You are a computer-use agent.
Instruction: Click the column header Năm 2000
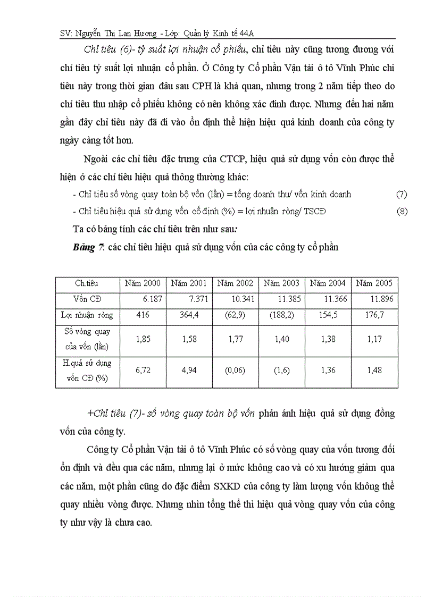(143, 283)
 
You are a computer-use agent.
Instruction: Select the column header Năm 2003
(281, 283)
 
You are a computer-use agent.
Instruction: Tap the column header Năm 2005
(374, 283)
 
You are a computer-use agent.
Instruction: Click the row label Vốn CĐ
(87, 299)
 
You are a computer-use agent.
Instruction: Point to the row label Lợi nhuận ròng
(87, 315)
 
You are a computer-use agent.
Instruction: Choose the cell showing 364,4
(189, 315)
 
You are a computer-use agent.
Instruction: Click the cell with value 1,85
(143, 339)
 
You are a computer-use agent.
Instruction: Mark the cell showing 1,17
(374, 339)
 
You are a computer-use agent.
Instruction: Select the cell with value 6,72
(143, 370)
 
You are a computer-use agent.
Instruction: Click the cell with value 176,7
(374, 315)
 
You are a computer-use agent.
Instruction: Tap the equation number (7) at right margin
(402, 195)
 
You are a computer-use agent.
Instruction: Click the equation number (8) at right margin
(402, 212)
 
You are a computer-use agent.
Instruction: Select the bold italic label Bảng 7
(88, 247)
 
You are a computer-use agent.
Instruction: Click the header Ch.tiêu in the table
(87, 283)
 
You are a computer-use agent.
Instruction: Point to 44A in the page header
(246, 33)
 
